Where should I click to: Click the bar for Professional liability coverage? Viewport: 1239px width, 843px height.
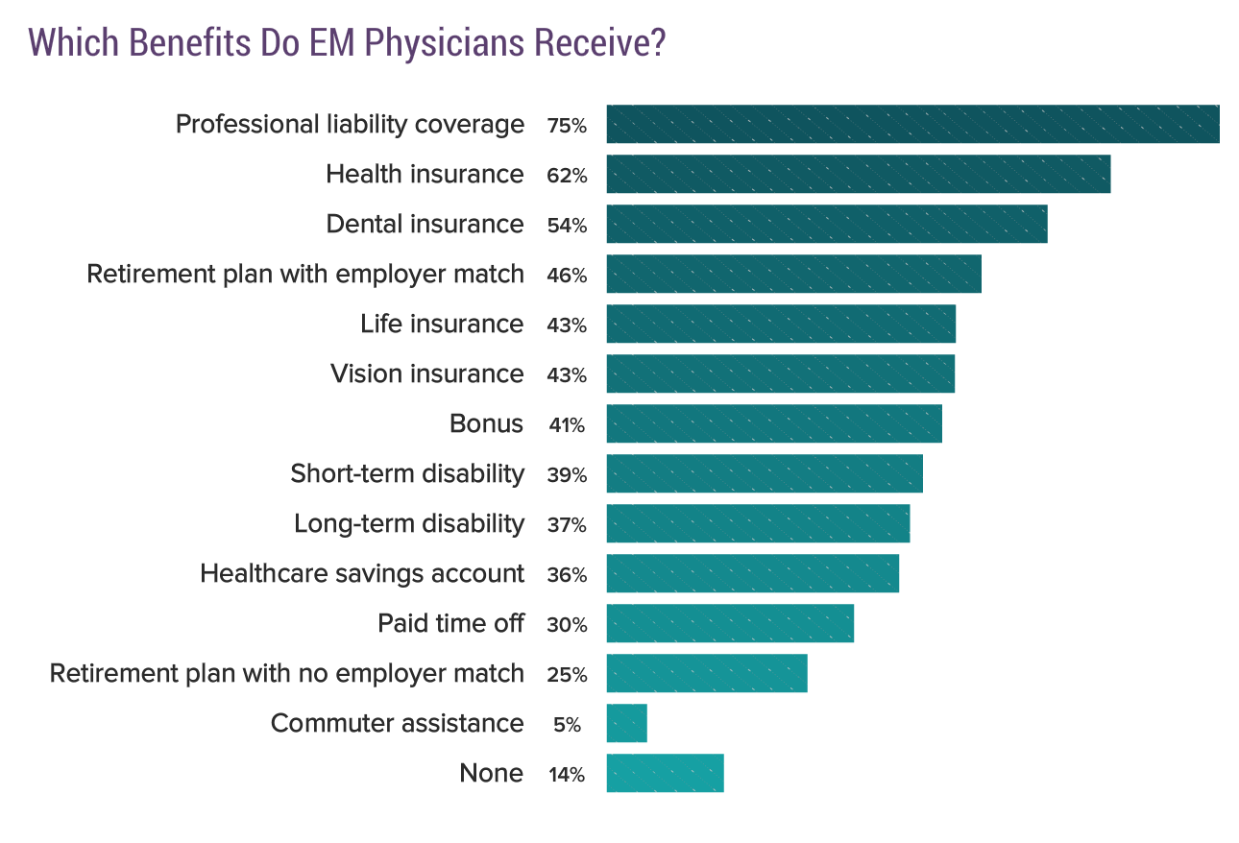click(x=912, y=124)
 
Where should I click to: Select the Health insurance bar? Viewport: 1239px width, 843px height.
click(x=858, y=174)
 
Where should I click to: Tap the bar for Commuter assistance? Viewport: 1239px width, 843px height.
click(x=626, y=723)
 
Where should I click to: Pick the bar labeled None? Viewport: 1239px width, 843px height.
click(x=665, y=773)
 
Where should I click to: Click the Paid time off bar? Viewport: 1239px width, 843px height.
click(x=730, y=623)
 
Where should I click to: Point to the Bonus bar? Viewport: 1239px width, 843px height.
click(x=774, y=423)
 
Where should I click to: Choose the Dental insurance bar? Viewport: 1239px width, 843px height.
click(x=826, y=224)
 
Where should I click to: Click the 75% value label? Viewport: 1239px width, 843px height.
click(x=567, y=126)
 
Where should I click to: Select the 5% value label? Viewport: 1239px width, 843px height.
click(x=567, y=725)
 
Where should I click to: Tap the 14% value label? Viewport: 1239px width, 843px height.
click(x=567, y=775)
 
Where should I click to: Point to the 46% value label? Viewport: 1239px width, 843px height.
click(x=567, y=276)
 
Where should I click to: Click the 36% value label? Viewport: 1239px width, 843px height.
click(x=567, y=575)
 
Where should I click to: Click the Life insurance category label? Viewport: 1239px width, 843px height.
click(x=442, y=324)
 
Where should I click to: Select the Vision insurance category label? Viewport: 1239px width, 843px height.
click(x=426, y=373)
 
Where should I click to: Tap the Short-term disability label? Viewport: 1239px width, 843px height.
click(x=407, y=473)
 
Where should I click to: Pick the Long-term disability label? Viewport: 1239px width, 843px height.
click(x=409, y=523)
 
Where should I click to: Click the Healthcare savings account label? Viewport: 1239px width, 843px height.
click(x=362, y=573)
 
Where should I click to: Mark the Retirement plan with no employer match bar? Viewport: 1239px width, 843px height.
click(x=707, y=673)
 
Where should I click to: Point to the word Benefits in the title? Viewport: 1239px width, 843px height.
click(x=190, y=44)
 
